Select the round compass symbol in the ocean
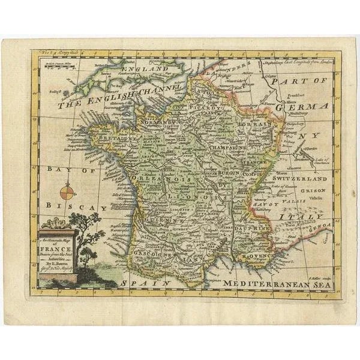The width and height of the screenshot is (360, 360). coord(67,193)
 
